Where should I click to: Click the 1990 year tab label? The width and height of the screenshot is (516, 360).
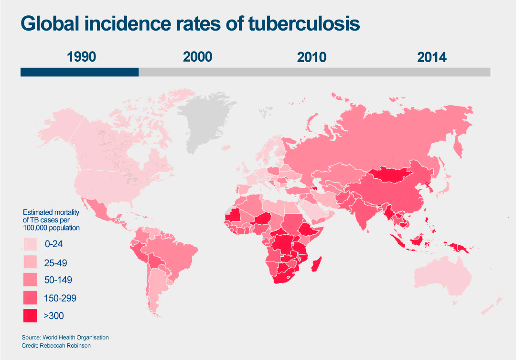[82, 57]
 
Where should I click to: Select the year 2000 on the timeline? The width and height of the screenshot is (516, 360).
[197, 57]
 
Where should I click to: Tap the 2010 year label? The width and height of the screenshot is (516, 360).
[312, 57]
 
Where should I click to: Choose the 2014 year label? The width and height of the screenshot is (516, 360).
[431, 57]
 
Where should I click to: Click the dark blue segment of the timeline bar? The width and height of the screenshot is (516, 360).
[79, 72]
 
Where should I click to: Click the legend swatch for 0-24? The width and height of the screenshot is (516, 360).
[31, 244]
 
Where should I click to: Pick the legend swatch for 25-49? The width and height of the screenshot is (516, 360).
[31, 262]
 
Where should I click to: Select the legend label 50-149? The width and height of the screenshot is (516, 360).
[59, 280]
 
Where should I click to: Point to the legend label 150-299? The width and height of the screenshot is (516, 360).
[60, 298]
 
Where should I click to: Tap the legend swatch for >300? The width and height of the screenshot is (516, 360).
[31, 316]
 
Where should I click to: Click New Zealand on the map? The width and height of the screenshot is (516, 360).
[497, 302]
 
